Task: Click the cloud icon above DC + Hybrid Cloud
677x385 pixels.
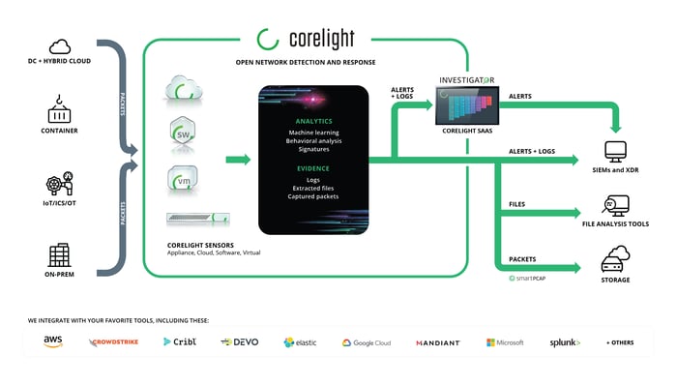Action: click(x=60, y=45)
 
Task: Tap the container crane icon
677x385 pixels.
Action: click(x=60, y=110)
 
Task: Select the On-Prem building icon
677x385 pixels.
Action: click(x=60, y=256)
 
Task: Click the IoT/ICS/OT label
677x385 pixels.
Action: click(x=60, y=205)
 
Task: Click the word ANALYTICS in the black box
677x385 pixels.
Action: click(x=313, y=121)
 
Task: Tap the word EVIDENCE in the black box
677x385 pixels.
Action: click(x=313, y=167)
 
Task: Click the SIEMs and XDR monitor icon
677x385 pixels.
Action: click(x=615, y=152)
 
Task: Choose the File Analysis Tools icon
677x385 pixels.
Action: click(x=615, y=206)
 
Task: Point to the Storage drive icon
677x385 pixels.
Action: click(x=615, y=259)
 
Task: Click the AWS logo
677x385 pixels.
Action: click(x=52, y=341)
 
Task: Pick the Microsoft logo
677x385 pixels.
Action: click(x=505, y=342)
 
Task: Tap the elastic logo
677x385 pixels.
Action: click(x=301, y=342)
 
